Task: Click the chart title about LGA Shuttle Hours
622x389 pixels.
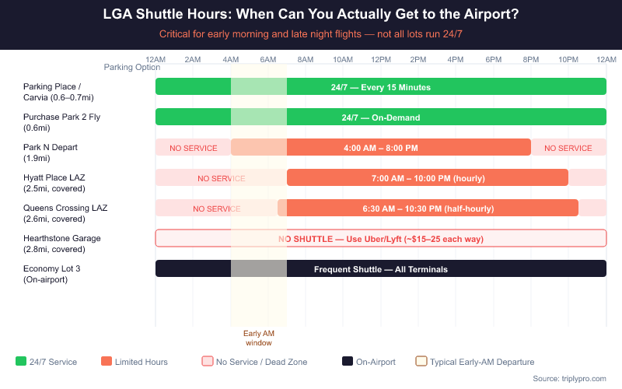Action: point(311,15)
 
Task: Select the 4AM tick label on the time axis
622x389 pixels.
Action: point(230,60)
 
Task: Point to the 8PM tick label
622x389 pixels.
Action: point(531,60)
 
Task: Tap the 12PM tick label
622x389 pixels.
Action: point(381,60)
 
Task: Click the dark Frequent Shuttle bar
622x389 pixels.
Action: point(380,268)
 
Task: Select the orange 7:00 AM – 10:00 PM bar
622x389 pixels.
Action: point(427,178)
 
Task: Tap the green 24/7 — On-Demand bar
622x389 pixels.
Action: point(380,117)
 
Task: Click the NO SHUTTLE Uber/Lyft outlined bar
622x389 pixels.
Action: point(380,238)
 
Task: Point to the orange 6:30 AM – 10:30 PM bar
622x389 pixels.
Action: point(428,209)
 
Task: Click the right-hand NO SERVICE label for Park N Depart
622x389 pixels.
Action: point(568,148)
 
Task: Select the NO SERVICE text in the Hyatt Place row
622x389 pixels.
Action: point(221,178)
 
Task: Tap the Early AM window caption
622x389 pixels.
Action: point(258,338)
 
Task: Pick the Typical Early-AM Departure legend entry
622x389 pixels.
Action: point(474,362)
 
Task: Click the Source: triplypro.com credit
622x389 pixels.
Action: point(569,378)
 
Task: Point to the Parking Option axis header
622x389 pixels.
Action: point(131,67)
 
